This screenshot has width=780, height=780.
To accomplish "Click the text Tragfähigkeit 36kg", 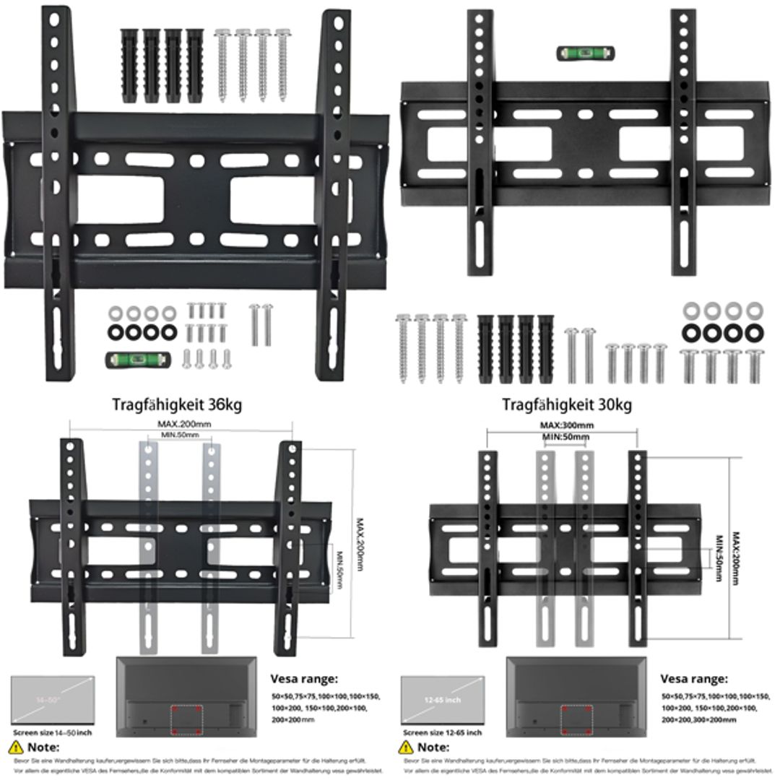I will (x=177, y=404).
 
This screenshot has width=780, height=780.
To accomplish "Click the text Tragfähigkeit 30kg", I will (x=567, y=404).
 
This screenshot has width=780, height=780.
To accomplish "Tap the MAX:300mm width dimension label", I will (x=567, y=425).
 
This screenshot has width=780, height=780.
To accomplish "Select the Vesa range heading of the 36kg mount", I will (x=304, y=679).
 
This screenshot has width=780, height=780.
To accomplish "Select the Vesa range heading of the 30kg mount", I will (x=694, y=679).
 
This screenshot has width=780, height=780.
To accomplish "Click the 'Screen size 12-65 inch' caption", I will (x=442, y=732).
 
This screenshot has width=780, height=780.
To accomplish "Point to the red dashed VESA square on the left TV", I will (x=186, y=720).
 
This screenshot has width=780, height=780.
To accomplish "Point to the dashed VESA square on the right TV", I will (x=576, y=720).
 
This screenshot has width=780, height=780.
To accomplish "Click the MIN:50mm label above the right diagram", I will (x=566, y=437).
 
